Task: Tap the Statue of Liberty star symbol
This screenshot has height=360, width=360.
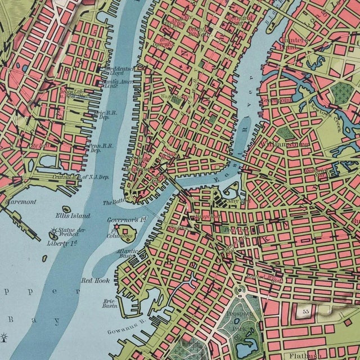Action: [55, 231]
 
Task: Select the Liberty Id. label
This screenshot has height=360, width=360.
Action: [62, 243]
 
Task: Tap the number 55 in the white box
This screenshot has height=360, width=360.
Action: [306, 310]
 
